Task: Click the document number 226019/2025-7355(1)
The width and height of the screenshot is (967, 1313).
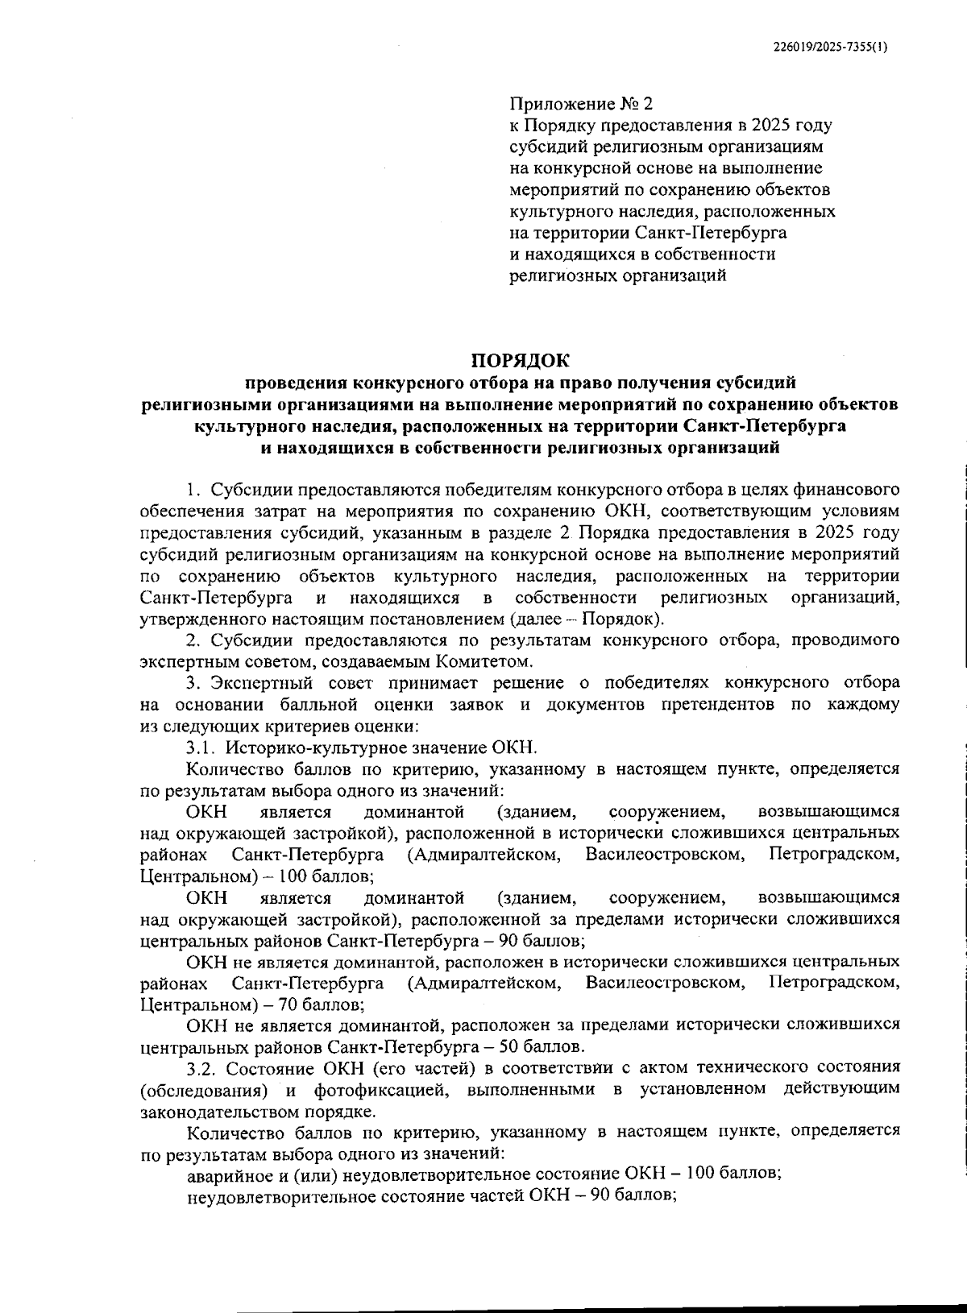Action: pyautogui.click(x=830, y=48)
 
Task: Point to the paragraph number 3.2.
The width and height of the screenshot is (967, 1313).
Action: pyautogui.click(x=201, y=1069)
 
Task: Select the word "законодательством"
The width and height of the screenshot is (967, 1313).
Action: pyautogui.click(x=212, y=1112)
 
